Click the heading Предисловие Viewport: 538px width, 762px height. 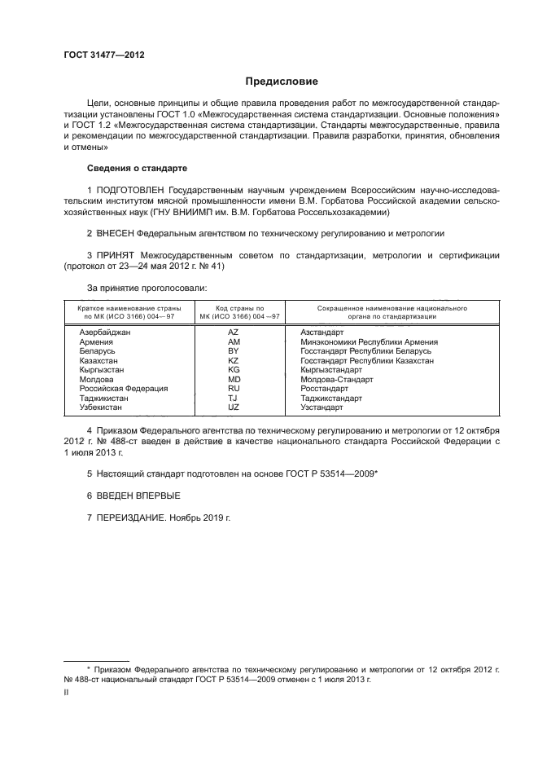click(x=282, y=81)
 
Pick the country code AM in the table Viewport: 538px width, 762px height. click(x=234, y=341)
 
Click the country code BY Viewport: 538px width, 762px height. click(x=234, y=350)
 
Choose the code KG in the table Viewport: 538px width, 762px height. click(x=234, y=369)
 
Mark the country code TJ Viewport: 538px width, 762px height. click(x=234, y=398)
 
